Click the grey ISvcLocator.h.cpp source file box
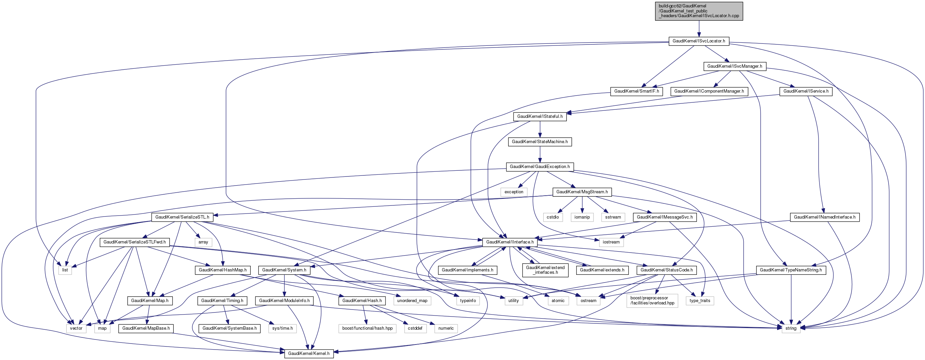[x=699, y=11]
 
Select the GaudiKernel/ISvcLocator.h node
[x=699, y=41]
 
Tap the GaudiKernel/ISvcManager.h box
[x=734, y=66]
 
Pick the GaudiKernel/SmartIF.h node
[x=636, y=91]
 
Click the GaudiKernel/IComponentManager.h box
[x=709, y=91]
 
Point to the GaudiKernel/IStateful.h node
[x=540, y=117]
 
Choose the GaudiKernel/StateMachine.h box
[x=540, y=142]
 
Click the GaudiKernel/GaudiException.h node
[x=540, y=167]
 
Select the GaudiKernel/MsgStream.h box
[x=582, y=192]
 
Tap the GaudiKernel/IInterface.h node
[x=510, y=242]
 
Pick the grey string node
[x=791, y=328]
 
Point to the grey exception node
[x=514, y=192]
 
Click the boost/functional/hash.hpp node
[x=367, y=328]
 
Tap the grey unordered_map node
[x=412, y=301]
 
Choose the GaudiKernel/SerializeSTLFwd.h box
[x=135, y=242]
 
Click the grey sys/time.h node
[x=282, y=328]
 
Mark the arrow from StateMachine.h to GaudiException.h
[x=540, y=154]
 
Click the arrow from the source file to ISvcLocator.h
[x=699, y=28]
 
